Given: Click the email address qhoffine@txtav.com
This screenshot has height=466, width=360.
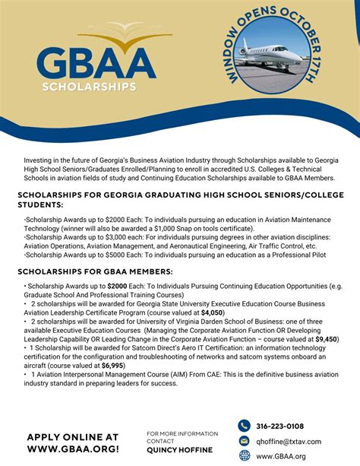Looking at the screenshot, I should pyautogui.click(x=288, y=442).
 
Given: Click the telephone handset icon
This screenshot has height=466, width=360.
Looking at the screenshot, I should pyautogui.click(x=244, y=426).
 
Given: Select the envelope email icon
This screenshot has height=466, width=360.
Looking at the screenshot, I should pyautogui.click(x=244, y=441).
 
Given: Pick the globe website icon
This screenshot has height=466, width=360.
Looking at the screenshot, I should pyautogui.click(x=244, y=456).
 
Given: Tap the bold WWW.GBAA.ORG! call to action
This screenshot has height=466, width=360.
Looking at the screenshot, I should pyautogui.click(x=73, y=450).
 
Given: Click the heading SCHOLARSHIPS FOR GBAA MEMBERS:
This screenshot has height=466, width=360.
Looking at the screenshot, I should pyautogui.click(x=95, y=271).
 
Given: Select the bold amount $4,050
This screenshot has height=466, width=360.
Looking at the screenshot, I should pyautogui.click(x=212, y=312).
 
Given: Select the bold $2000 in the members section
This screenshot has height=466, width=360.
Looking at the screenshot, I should pyautogui.click(x=117, y=286).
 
